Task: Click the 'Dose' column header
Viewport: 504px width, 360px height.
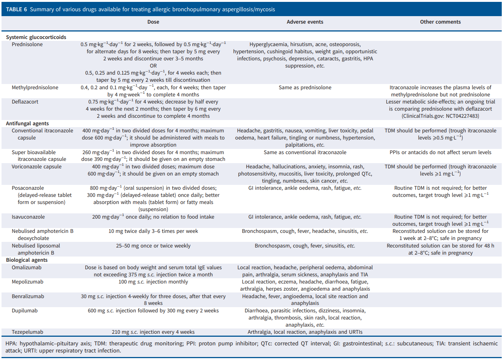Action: click(x=153, y=22)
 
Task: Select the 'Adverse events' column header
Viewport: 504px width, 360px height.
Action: click(x=305, y=22)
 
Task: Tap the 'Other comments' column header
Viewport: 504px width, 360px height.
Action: click(x=440, y=22)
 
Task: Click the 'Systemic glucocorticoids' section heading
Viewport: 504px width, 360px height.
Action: click(x=36, y=37)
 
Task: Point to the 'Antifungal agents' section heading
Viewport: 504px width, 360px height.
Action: click(x=27, y=123)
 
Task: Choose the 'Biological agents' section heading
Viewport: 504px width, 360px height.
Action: click(x=27, y=260)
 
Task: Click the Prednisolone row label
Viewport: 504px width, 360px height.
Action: click(x=27, y=44)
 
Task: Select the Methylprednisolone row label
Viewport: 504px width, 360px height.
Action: click(x=35, y=87)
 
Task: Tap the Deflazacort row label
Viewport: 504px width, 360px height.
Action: click(x=25, y=102)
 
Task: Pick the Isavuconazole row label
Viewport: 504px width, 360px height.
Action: click(x=28, y=217)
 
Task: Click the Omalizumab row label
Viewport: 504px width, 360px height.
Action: click(x=27, y=267)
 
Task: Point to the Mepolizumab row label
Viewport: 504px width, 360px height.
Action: click(x=27, y=282)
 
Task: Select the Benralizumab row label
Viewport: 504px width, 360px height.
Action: click(x=28, y=296)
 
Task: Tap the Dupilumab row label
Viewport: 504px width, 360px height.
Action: click(x=25, y=310)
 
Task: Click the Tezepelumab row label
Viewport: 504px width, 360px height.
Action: click(x=27, y=332)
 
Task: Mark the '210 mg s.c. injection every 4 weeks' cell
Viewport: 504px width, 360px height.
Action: click(x=153, y=332)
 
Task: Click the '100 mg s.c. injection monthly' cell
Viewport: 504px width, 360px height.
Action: click(x=153, y=282)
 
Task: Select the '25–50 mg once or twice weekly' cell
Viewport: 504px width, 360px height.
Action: click(x=153, y=246)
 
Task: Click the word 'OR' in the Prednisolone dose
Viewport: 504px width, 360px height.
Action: click(x=153, y=66)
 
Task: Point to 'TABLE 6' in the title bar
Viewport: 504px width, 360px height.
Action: click(x=16, y=9)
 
